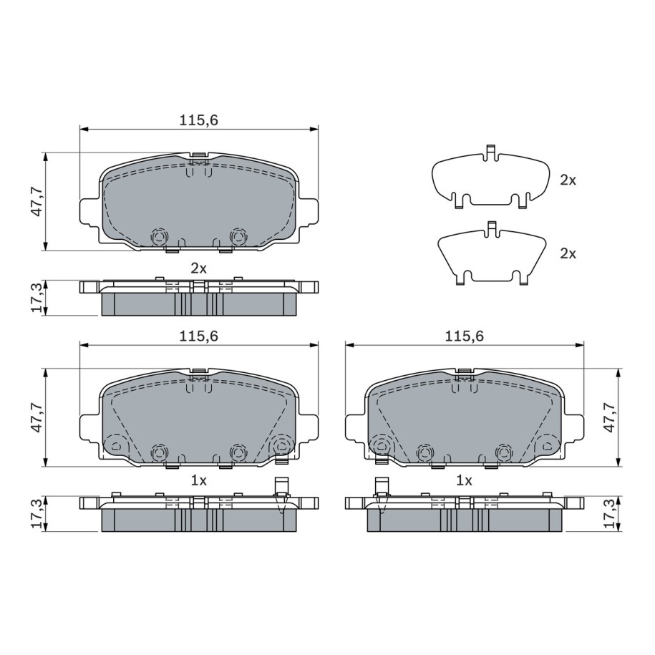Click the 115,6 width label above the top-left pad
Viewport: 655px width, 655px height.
[x=199, y=120]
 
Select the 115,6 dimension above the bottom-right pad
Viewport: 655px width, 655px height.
[x=464, y=336]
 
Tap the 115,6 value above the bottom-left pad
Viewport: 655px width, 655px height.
[x=199, y=336]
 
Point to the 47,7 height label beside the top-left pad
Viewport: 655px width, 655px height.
[x=37, y=202]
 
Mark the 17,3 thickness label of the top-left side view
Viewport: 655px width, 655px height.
[x=37, y=297]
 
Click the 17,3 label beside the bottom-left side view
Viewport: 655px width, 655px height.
[x=37, y=513]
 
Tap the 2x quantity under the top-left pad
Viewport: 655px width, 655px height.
[x=199, y=268]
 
